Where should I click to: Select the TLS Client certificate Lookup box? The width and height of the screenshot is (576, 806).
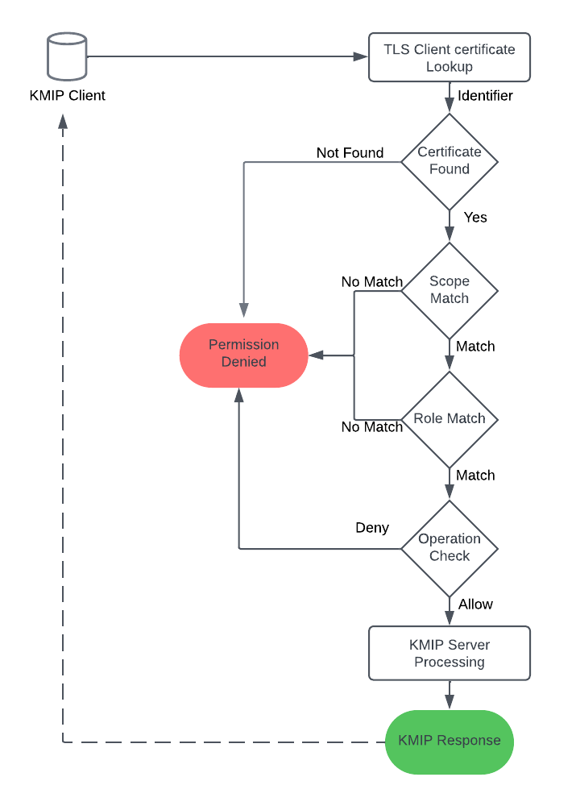coord(449,57)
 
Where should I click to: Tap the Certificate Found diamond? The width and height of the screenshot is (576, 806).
coord(450,161)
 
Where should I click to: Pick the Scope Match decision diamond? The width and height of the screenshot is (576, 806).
coord(450,290)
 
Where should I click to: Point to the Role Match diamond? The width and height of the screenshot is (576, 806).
coord(450,419)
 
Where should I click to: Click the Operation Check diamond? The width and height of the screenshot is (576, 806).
coord(450,548)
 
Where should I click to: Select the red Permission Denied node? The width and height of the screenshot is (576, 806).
coord(243,355)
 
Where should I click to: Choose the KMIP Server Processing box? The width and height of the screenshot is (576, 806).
coord(449,654)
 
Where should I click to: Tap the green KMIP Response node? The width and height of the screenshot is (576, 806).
coord(449,742)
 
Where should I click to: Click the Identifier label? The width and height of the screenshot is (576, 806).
coord(485,96)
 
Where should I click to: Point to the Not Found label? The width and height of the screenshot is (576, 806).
coord(350,153)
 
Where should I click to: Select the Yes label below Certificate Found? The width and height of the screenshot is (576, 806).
coord(475,218)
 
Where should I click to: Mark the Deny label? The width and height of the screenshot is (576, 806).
coord(372,528)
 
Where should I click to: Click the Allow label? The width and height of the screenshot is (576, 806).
coord(475,604)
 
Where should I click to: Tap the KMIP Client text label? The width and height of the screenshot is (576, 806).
coord(67,96)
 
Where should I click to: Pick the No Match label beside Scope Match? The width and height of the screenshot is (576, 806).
coord(371,282)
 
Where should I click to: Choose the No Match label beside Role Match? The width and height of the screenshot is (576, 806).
coord(371,427)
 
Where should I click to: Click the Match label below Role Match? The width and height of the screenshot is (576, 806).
coord(475,476)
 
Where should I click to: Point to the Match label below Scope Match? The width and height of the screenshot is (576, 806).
coord(475,347)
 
